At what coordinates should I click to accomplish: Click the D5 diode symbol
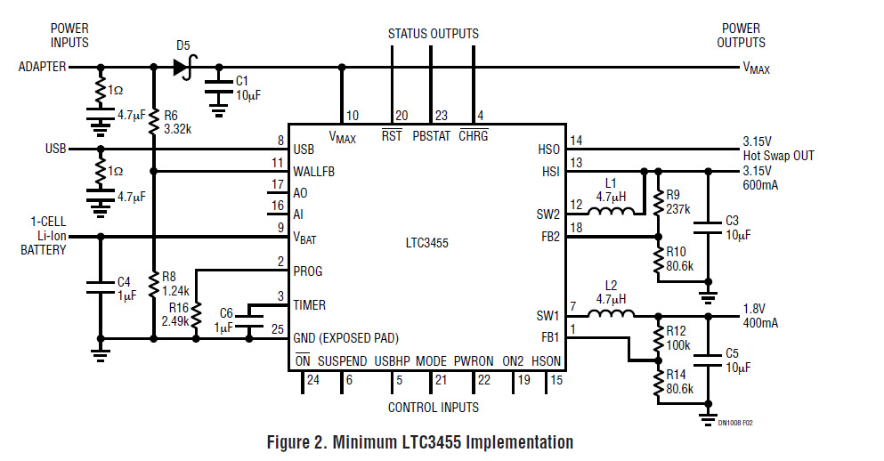[185, 66]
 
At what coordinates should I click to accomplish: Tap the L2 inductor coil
[612, 315]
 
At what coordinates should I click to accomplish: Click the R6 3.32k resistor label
[176, 121]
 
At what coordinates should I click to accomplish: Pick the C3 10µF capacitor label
[738, 226]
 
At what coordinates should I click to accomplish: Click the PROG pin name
[308, 271]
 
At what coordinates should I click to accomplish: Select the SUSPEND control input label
[342, 361]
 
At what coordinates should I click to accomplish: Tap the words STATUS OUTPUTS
[433, 34]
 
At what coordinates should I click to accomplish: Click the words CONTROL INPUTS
[433, 408]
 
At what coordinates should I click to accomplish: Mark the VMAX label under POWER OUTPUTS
[757, 69]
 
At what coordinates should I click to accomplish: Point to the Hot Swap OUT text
[778, 156]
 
